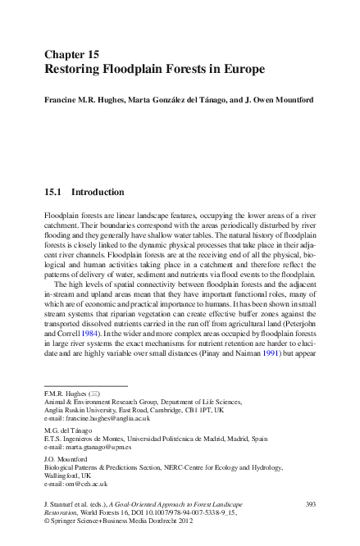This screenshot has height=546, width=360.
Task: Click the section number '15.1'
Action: click(53, 193)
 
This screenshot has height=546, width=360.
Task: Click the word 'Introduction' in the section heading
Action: click(98, 193)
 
